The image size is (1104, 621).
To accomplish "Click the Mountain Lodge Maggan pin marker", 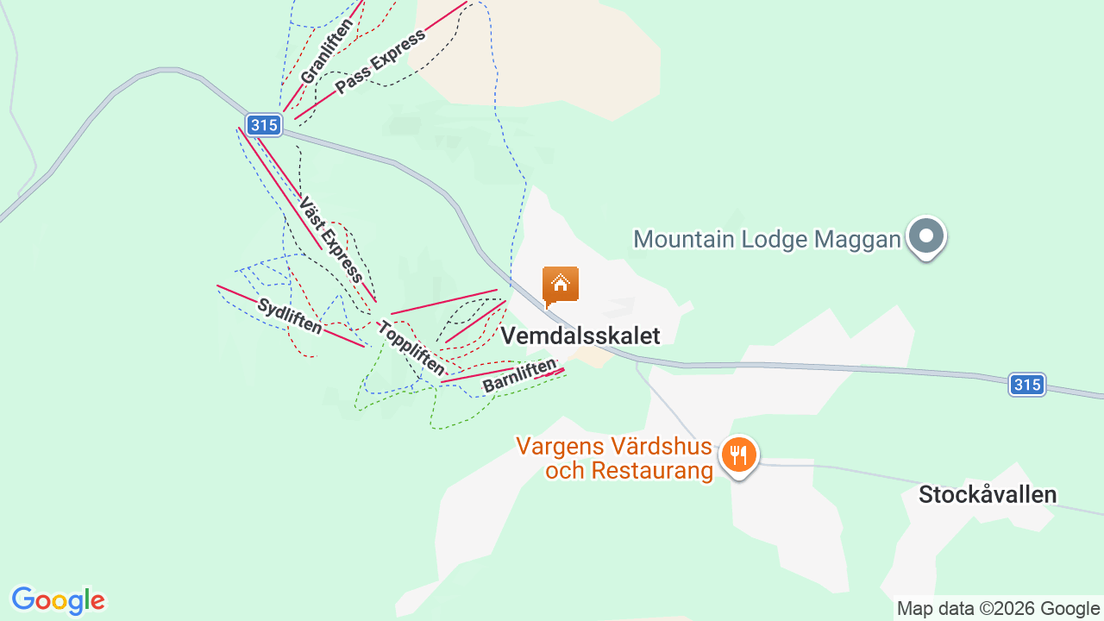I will click(926, 235).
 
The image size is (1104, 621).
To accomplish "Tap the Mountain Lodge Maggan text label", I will click(767, 239).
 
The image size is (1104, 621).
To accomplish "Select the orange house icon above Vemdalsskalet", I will click(560, 285).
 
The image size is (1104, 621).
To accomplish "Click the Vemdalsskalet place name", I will click(580, 336).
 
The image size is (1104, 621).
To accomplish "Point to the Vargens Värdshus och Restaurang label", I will click(615, 459).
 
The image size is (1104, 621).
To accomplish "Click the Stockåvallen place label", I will click(987, 495).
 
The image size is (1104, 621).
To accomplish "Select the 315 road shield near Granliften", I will click(264, 125).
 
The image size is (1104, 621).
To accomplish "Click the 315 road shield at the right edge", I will click(1027, 385).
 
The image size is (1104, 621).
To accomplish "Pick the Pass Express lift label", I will click(380, 62).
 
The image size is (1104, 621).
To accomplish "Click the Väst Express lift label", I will click(330, 239).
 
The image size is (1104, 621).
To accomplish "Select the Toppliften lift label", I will click(411, 349).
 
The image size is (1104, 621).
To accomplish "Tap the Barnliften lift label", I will click(519, 376).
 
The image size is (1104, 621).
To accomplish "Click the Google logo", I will click(58, 600).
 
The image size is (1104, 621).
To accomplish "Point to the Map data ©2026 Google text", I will click(998, 608).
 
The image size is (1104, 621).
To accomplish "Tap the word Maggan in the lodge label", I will click(859, 239).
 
